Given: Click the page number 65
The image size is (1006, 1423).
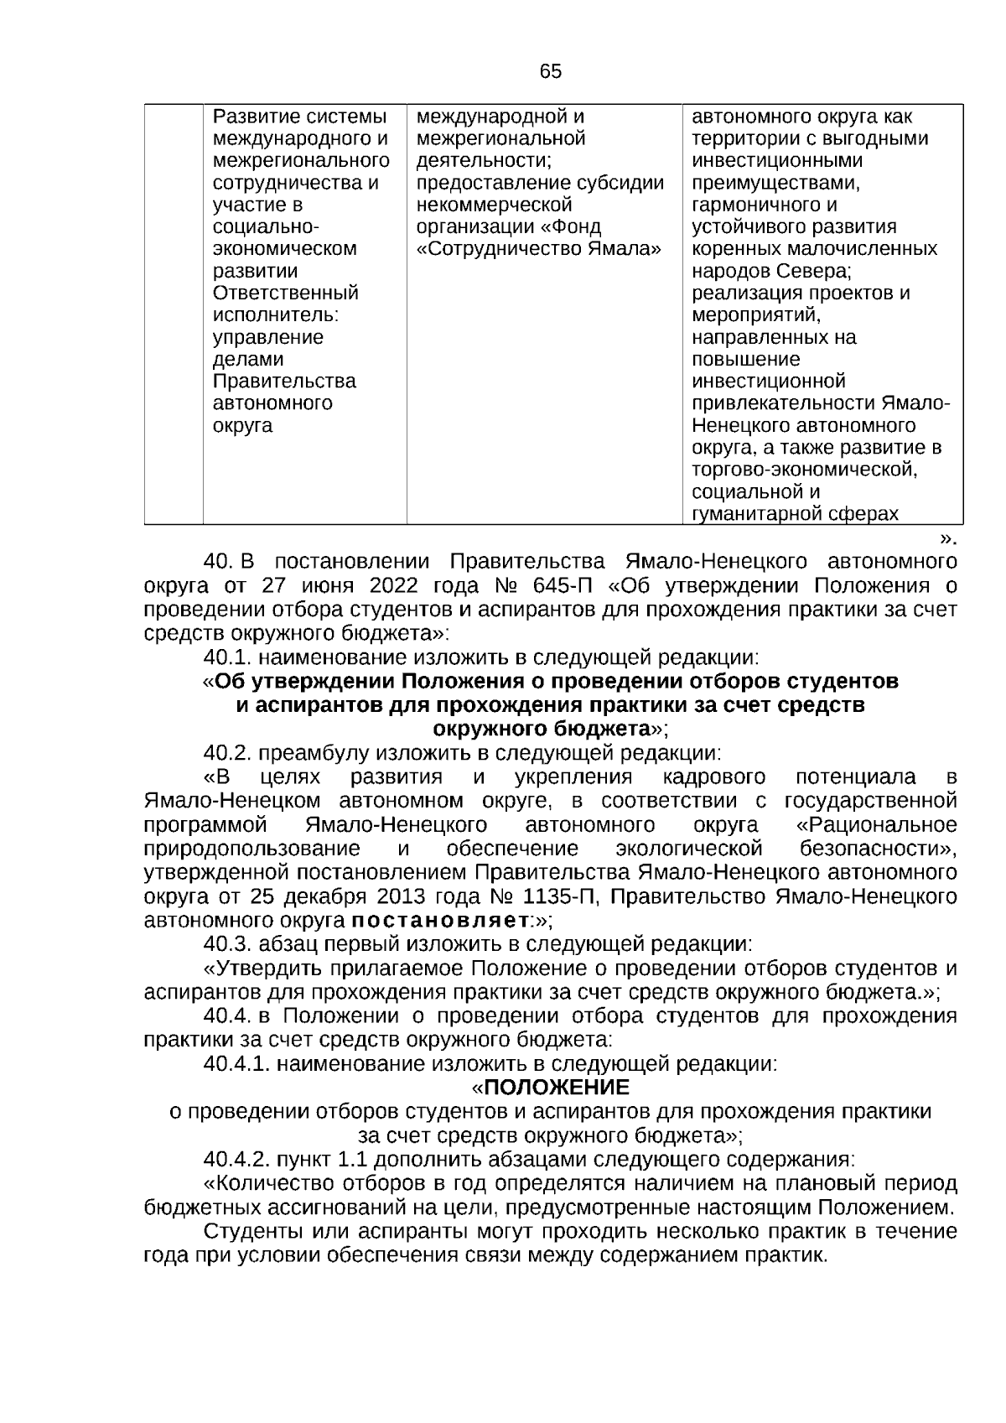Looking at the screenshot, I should click(x=551, y=72).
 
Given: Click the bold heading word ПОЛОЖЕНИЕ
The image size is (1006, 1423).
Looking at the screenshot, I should click(x=556, y=1088).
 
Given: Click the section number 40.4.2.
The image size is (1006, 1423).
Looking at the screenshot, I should click(x=237, y=1161).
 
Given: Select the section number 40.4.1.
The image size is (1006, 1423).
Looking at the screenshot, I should click(x=237, y=1065).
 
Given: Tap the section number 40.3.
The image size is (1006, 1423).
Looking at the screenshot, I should click(x=228, y=944).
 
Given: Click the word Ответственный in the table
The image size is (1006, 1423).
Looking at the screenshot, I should click(x=286, y=293).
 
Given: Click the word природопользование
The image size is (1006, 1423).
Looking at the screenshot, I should click(x=252, y=849).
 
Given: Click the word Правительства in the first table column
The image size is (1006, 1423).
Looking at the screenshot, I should click(x=284, y=382).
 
